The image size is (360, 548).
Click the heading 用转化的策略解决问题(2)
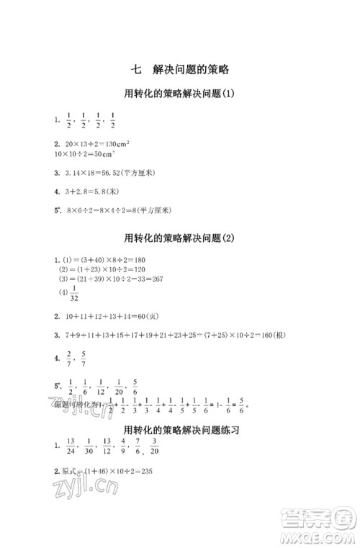[x=181, y=238]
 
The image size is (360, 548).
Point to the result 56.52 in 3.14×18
[x=124, y=173]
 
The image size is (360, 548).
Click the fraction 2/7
[x=68, y=356]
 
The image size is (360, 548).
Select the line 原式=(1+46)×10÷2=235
[x=105, y=472]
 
